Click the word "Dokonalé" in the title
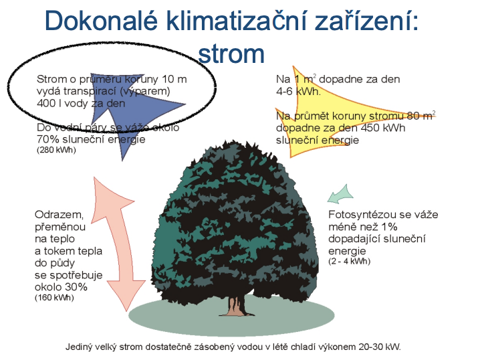click(x=102, y=20)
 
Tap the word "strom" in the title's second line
click(x=231, y=54)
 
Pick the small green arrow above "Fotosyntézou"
click(x=340, y=194)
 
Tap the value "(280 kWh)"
click(x=56, y=150)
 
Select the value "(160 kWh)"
click(x=55, y=298)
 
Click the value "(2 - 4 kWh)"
click(x=349, y=262)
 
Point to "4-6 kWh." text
click(x=298, y=91)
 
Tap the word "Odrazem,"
click(x=59, y=215)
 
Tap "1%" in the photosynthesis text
click(x=389, y=227)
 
